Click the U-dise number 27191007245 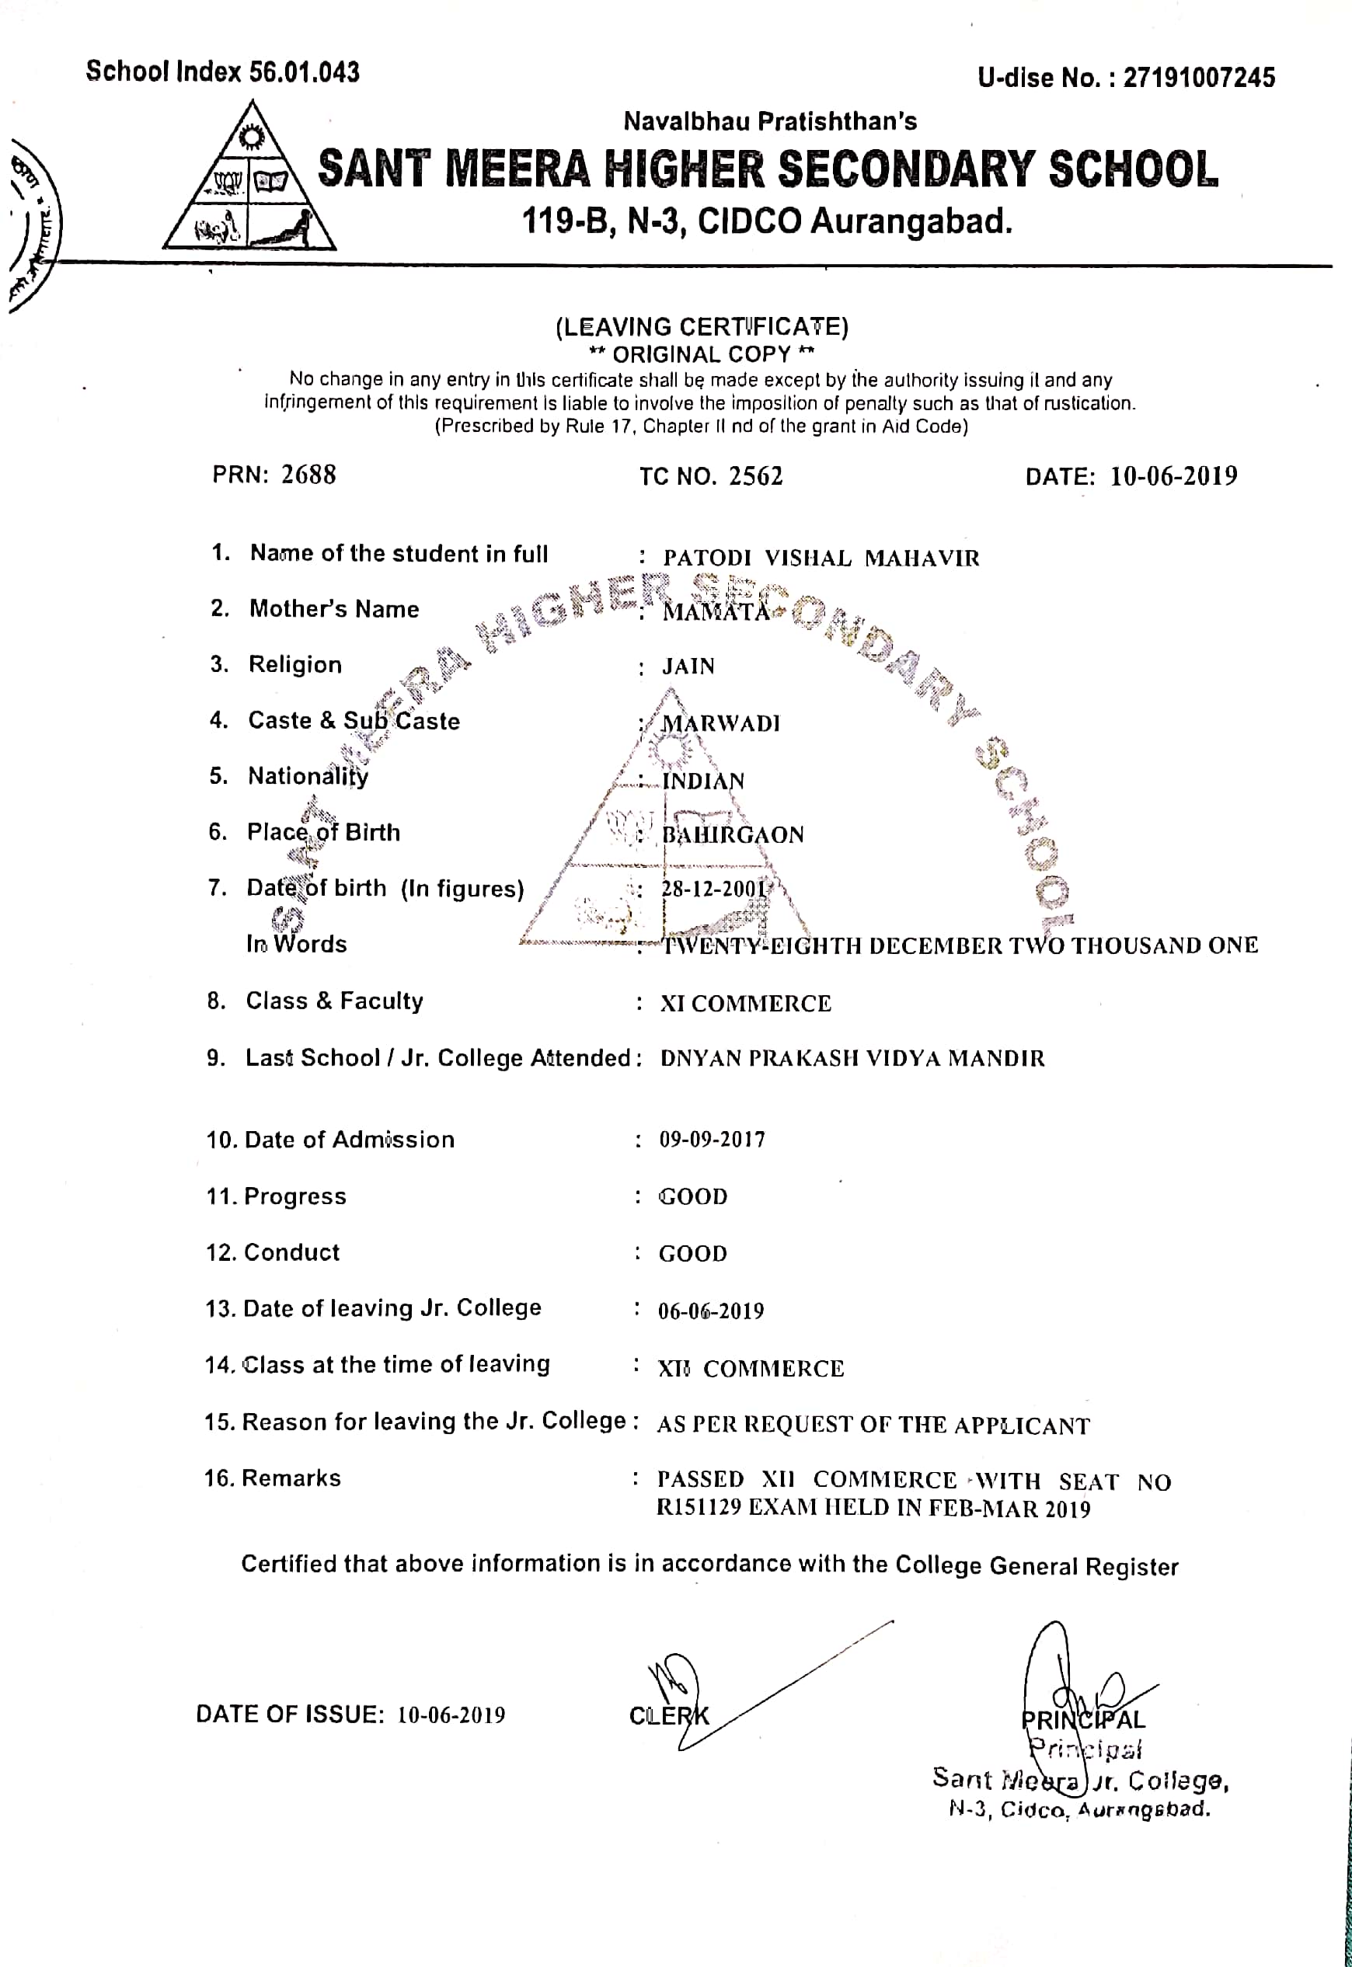pyautogui.click(x=1199, y=78)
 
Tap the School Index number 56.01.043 pyautogui.click(x=304, y=72)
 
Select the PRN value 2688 pyautogui.click(x=308, y=474)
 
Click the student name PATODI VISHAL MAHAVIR pyautogui.click(x=821, y=558)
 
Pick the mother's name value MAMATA pyautogui.click(x=716, y=611)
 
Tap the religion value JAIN pyautogui.click(x=688, y=667)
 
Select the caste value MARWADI pyautogui.click(x=720, y=723)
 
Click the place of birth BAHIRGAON pyautogui.click(x=732, y=835)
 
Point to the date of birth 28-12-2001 pyautogui.click(x=713, y=889)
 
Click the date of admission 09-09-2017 pyautogui.click(x=712, y=1140)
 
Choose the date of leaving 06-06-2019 pyautogui.click(x=711, y=1311)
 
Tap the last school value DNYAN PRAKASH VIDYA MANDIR pyautogui.click(x=852, y=1058)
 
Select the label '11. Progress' pyautogui.click(x=276, y=1196)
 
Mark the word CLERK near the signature pyautogui.click(x=668, y=1715)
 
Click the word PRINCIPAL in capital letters pyautogui.click(x=1082, y=1720)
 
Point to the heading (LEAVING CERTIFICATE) pyautogui.click(x=702, y=327)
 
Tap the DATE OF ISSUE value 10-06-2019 pyautogui.click(x=451, y=1715)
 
